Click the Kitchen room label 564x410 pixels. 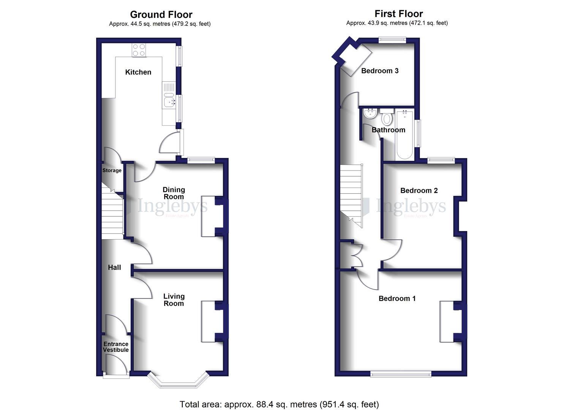[138, 72]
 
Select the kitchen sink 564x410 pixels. [169, 101]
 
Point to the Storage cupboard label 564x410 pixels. [112, 170]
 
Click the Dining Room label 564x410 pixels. [174, 193]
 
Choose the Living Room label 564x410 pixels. [174, 300]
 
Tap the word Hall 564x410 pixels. [114, 267]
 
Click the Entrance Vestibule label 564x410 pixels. [116, 347]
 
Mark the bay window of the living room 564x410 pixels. [178, 382]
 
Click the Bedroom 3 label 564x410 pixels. [380, 71]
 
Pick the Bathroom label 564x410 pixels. [388, 130]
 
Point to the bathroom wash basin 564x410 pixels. [370, 113]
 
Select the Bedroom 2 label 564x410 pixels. [419, 191]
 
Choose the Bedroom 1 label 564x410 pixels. [397, 298]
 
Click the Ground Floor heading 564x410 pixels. [161, 14]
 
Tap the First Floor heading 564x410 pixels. [398, 14]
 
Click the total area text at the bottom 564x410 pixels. [279, 404]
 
